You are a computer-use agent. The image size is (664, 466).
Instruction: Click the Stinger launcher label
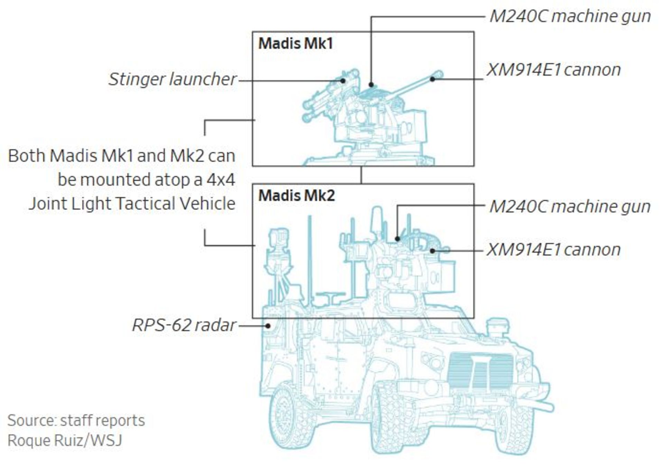click(173, 79)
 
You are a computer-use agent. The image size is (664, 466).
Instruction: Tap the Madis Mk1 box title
click(296, 44)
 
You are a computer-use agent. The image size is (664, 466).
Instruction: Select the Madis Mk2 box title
click(297, 196)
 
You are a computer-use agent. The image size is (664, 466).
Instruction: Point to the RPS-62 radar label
click(184, 325)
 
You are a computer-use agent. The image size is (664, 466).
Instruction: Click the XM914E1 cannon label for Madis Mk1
click(554, 70)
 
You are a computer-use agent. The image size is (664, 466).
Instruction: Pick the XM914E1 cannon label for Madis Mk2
click(554, 250)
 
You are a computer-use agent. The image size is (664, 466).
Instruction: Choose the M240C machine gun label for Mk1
click(570, 17)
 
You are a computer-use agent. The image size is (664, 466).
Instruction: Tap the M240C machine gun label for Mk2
click(570, 207)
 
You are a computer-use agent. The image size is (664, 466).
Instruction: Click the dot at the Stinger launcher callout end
click(343, 81)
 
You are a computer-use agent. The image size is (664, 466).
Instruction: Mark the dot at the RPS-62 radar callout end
click(268, 325)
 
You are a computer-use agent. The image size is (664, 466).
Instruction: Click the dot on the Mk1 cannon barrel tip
click(432, 79)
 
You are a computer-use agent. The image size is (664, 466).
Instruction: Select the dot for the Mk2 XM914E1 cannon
click(432, 251)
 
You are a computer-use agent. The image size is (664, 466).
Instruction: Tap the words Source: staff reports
click(76, 420)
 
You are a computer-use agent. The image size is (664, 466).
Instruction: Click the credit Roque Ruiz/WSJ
click(65, 440)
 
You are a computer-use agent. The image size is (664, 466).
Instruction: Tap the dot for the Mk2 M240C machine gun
click(398, 239)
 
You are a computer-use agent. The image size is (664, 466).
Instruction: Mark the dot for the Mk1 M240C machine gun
click(371, 84)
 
